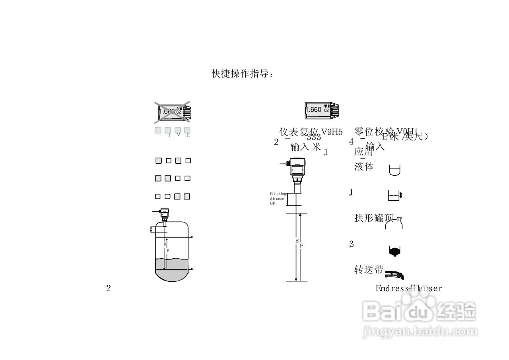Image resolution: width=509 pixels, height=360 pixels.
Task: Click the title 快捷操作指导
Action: [x=242, y=74]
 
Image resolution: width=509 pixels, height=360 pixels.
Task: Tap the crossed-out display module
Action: [x=172, y=112]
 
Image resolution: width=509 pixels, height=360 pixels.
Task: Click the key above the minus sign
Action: [x=158, y=130]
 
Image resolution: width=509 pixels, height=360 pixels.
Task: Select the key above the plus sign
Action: [x=168, y=130]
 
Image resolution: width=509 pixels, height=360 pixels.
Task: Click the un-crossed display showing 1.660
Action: [x=322, y=110]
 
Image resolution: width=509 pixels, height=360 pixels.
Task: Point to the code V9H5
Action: [x=332, y=132]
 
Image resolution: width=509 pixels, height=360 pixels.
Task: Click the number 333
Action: [x=313, y=137]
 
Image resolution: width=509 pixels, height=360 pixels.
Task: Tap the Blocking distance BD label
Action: [x=278, y=198]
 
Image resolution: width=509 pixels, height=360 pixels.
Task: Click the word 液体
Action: [x=364, y=167]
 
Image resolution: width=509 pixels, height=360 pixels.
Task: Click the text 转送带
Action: [x=369, y=270]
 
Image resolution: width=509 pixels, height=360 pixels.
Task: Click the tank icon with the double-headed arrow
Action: [x=394, y=195]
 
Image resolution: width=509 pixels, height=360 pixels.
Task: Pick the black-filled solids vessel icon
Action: [x=394, y=250]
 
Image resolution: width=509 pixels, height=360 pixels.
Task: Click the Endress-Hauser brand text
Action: [x=408, y=288]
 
